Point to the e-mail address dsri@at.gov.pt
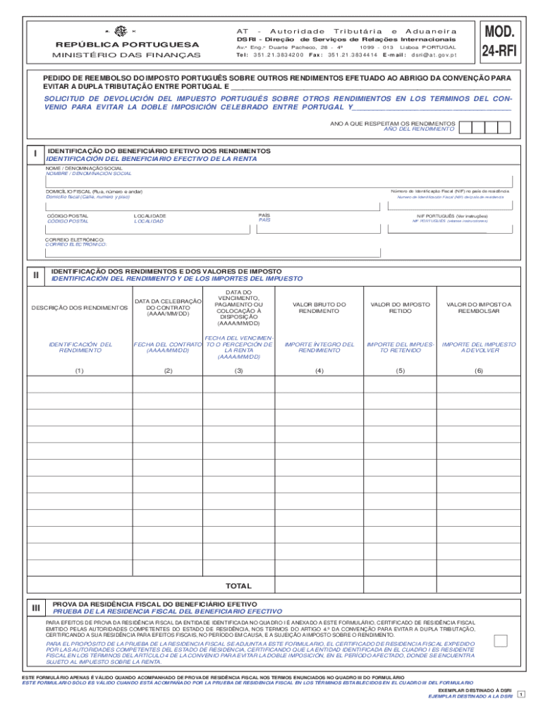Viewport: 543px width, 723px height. pos(434,54)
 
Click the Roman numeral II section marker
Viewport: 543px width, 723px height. pos(35,275)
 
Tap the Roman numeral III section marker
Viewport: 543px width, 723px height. pos(35,607)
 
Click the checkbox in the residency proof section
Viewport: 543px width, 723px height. pos(501,640)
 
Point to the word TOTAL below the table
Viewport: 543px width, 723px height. pos(238,586)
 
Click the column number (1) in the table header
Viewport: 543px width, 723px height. pos(79,370)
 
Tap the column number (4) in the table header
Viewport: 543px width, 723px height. pos(319,370)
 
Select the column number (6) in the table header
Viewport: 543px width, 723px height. pos(479,370)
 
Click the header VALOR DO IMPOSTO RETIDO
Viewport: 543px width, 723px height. pos(400,308)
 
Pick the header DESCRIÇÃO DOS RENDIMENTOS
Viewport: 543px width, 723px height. pos(79,308)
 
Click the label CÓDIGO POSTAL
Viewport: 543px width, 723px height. pos(67,215)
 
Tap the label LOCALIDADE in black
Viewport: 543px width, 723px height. pos(150,215)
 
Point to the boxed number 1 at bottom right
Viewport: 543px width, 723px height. pos(521,695)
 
